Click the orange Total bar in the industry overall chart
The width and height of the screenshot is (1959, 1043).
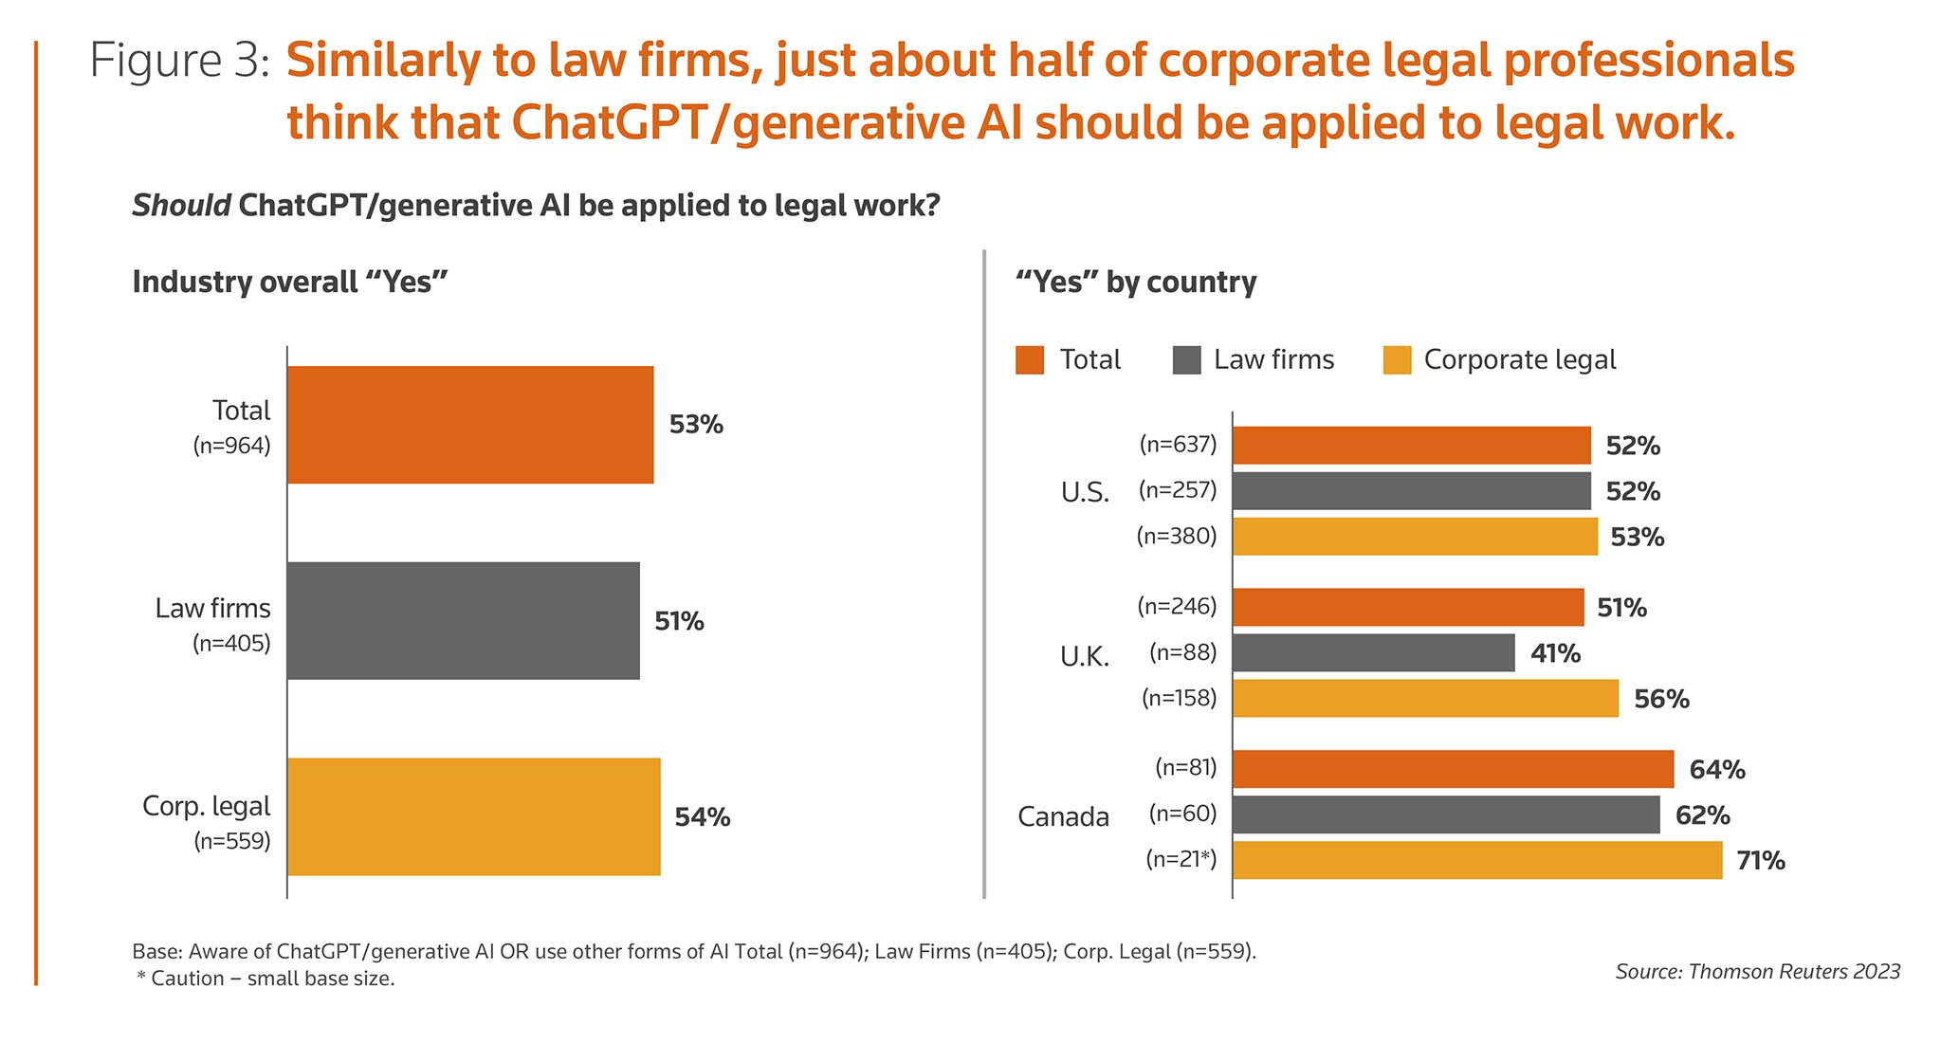(469, 425)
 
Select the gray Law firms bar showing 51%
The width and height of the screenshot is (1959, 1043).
(463, 620)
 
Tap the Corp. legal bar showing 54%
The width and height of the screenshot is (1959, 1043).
(473, 816)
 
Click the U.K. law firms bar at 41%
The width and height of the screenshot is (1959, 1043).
(1373, 652)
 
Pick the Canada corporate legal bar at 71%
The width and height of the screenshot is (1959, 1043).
(1476, 860)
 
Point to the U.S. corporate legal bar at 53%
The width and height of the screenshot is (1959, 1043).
(1414, 537)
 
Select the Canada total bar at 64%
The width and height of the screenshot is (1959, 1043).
(1453, 769)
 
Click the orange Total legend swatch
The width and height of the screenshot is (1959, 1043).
(1029, 360)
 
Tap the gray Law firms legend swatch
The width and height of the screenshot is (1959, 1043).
(1186, 360)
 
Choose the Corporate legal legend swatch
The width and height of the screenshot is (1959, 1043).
(1397, 360)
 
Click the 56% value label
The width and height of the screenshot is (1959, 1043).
(1661, 700)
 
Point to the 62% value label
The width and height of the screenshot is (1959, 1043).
(1702, 815)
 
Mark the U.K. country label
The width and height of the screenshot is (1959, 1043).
(1085, 656)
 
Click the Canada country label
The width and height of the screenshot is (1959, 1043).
(1063, 816)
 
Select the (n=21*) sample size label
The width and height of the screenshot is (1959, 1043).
(1181, 859)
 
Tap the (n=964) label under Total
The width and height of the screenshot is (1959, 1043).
(231, 446)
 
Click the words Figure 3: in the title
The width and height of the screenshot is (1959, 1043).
(180, 62)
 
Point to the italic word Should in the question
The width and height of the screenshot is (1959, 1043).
(181, 205)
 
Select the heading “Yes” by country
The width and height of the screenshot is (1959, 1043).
(1135, 282)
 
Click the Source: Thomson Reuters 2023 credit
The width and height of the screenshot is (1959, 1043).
(1757, 971)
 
